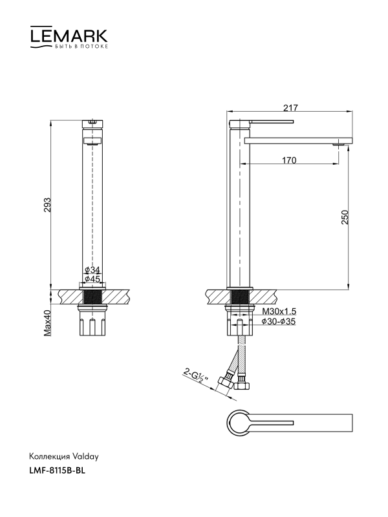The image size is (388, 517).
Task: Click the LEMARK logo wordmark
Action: pos(69,35)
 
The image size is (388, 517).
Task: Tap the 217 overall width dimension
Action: pos(290,108)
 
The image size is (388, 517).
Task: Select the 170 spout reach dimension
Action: pos(289,160)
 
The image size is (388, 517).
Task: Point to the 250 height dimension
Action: pos(345,217)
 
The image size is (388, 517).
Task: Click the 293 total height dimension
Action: pos(47,205)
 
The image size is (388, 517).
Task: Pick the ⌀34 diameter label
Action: pos(92,270)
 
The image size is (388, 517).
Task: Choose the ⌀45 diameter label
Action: pos(92,279)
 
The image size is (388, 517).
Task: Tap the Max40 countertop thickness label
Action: pos(48,323)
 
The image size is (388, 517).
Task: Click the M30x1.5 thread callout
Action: pos(279,311)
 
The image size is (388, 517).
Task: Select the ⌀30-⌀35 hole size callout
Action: pos(279,321)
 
